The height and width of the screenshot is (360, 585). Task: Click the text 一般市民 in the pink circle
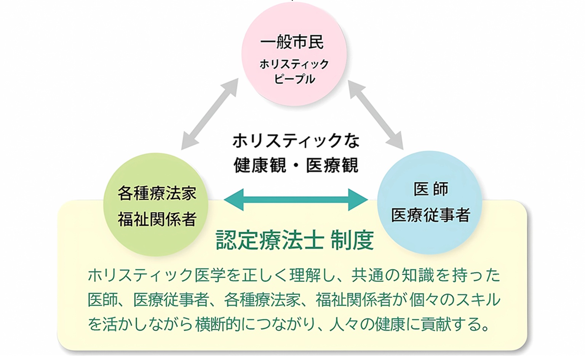point(292,42)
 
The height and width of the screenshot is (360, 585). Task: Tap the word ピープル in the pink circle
point(294,79)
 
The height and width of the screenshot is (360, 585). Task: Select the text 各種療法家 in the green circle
point(157,193)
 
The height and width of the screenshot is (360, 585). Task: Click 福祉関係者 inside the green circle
point(157,219)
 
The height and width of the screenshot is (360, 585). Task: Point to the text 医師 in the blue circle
point(431,189)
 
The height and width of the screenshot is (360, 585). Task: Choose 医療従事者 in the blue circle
point(431,215)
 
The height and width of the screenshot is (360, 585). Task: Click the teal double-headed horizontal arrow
point(296,200)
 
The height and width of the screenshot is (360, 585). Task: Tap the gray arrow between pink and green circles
point(210,114)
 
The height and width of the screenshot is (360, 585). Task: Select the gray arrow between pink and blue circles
point(376,115)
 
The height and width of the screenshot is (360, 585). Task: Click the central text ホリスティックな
point(296,141)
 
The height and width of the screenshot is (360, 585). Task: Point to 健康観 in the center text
point(260,166)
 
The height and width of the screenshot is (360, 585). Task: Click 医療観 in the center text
point(332,166)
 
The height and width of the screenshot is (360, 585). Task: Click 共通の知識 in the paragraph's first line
point(390,276)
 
